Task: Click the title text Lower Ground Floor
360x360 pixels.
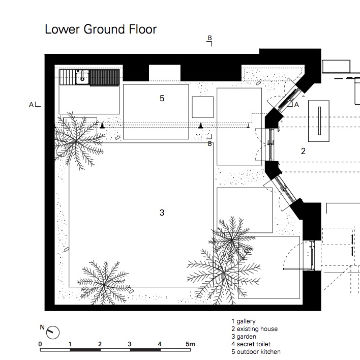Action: click(101, 29)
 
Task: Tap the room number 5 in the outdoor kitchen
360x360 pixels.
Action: click(162, 98)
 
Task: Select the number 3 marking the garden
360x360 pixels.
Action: click(162, 213)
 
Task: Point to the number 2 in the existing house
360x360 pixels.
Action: click(303, 151)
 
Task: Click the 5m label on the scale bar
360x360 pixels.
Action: click(190, 344)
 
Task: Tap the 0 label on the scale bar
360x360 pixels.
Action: click(41, 344)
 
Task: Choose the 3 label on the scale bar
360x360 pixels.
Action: click(130, 344)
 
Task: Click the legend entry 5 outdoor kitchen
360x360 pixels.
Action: click(255, 351)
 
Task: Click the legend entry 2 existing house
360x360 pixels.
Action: click(254, 329)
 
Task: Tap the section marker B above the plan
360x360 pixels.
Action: click(209, 38)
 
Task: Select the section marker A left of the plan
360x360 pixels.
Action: click(32, 104)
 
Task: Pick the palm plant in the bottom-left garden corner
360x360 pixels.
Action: click(105, 281)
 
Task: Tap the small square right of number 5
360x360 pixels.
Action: click(202, 107)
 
